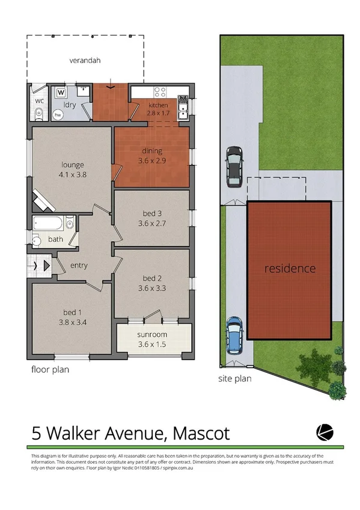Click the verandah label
(x=84, y=60)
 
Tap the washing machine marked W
(x=62, y=93)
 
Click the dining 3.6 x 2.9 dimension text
(x=152, y=161)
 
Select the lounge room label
(x=72, y=165)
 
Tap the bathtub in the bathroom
(x=48, y=223)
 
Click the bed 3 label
(x=151, y=214)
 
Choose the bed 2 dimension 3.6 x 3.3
(x=151, y=287)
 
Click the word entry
(x=79, y=265)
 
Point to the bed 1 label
(x=72, y=312)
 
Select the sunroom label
(x=152, y=334)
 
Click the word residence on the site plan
(x=290, y=268)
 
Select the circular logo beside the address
(x=325, y=432)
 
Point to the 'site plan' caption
(x=234, y=379)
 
